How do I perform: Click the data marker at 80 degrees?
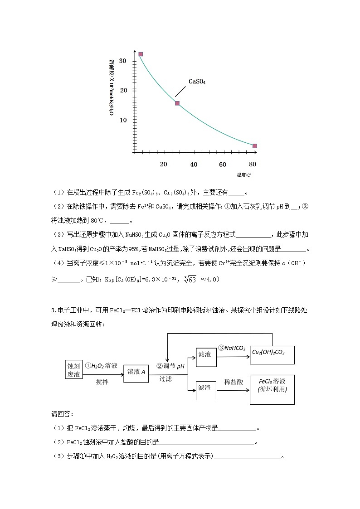pyautogui.click(x=254, y=146)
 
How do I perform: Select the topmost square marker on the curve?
pyautogui.click(x=141, y=54)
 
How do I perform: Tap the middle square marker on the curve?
pyautogui.click(x=177, y=103)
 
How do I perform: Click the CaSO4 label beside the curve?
pyautogui.click(x=197, y=82)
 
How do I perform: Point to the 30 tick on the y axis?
pyautogui.click(x=122, y=61)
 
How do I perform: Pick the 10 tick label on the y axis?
pyautogui.click(x=122, y=120)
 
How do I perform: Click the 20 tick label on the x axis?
pyautogui.click(x=164, y=164)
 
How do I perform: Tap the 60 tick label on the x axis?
pyautogui.click(x=223, y=164)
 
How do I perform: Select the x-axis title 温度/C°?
pyautogui.click(x=243, y=175)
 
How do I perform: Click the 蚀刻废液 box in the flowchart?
pyautogui.click(x=73, y=370)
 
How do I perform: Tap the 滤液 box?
pyautogui.click(x=204, y=354)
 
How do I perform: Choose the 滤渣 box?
pyautogui.click(x=204, y=388)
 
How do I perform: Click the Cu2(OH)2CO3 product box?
pyautogui.click(x=272, y=352)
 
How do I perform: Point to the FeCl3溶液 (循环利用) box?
pyautogui.click(x=272, y=389)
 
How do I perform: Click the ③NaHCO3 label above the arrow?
pyautogui.click(x=232, y=348)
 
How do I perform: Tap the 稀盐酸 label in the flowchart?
pyautogui.click(x=234, y=382)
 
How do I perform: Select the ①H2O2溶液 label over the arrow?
pyautogui.click(x=101, y=365)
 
